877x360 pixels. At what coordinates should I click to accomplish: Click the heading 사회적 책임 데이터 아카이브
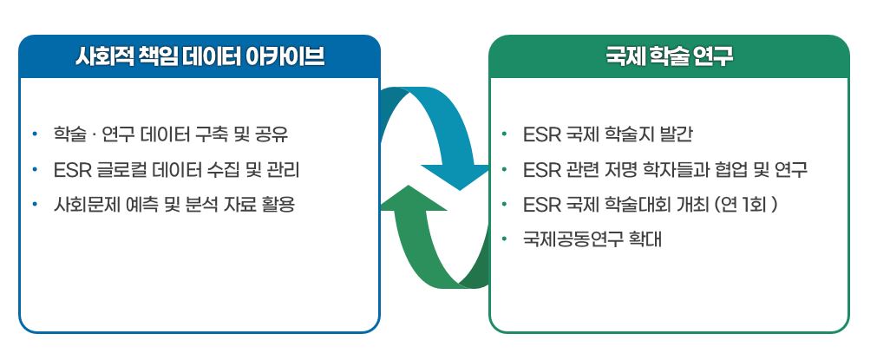pos(200,57)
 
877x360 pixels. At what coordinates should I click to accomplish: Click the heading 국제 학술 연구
pos(669,57)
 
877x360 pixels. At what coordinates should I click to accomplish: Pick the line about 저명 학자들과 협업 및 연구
pos(665,169)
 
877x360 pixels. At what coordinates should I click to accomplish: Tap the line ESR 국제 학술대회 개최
pos(651,205)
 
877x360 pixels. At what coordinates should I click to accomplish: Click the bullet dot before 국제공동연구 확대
pos(505,239)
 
